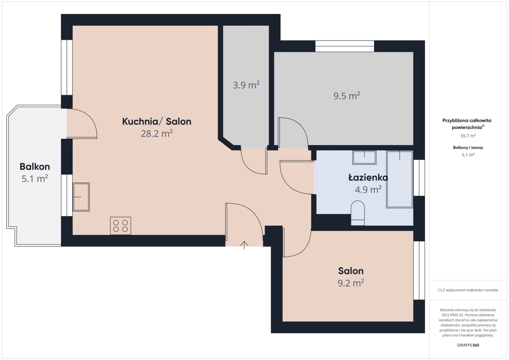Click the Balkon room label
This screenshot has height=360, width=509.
click(35, 166)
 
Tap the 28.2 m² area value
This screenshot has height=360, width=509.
click(157, 134)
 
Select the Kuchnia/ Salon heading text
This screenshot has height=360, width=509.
click(157, 122)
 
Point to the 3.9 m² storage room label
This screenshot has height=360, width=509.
click(246, 85)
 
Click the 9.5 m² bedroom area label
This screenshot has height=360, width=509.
click(347, 95)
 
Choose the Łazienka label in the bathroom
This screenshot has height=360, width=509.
click(368, 178)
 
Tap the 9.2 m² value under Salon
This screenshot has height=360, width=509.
click(351, 283)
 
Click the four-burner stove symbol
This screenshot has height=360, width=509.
click(120, 226)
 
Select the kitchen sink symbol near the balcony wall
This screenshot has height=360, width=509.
click(81, 197)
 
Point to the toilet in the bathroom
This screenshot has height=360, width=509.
click(357, 213)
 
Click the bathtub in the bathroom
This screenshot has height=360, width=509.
click(400, 179)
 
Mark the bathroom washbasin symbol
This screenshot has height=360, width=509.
click(364, 157)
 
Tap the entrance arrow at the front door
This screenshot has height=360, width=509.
click(244, 245)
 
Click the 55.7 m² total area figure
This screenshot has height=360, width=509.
click(468, 136)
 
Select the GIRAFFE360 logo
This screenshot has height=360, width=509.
click(468, 345)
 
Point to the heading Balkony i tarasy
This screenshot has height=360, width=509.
click(468, 147)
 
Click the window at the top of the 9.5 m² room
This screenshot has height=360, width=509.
click(345, 46)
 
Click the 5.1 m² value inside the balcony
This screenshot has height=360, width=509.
click(35, 179)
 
